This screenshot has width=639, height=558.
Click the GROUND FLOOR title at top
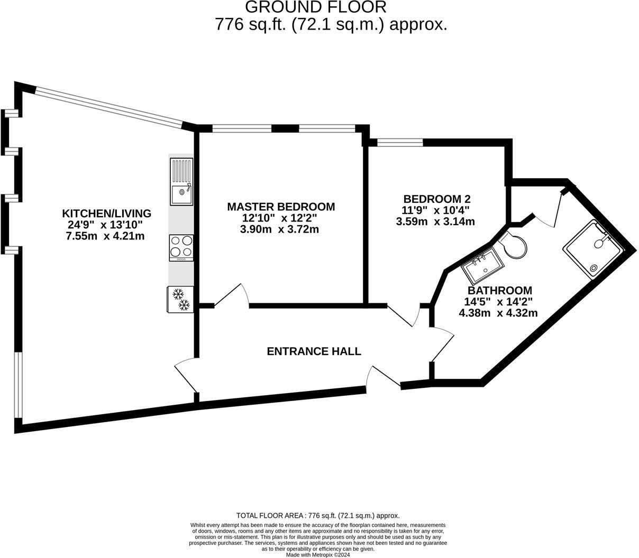tap(316, 7)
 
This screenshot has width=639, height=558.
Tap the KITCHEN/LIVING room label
tap(107, 213)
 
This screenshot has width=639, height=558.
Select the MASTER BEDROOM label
tap(281, 207)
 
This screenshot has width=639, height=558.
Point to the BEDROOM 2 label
tap(436, 199)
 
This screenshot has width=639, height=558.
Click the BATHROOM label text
tap(499, 291)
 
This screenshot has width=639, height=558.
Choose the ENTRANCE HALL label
tap(314, 351)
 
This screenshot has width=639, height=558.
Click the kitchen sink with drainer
tap(181, 181)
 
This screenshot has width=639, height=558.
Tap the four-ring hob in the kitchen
tap(181, 247)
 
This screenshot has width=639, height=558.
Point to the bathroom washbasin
tap(482, 265)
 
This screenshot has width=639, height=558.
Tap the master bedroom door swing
tap(233, 296)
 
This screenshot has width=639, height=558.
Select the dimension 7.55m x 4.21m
tap(105, 236)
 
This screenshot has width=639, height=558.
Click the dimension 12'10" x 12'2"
tap(280, 218)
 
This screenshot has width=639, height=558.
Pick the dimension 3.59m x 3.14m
tap(435, 222)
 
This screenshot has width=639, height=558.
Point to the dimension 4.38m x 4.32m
tap(498, 313)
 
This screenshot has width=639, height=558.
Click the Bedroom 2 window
tap(399, 142)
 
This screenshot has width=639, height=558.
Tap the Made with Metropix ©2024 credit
tap(318, 555)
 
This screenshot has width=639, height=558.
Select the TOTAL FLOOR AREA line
tap(318, 515)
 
